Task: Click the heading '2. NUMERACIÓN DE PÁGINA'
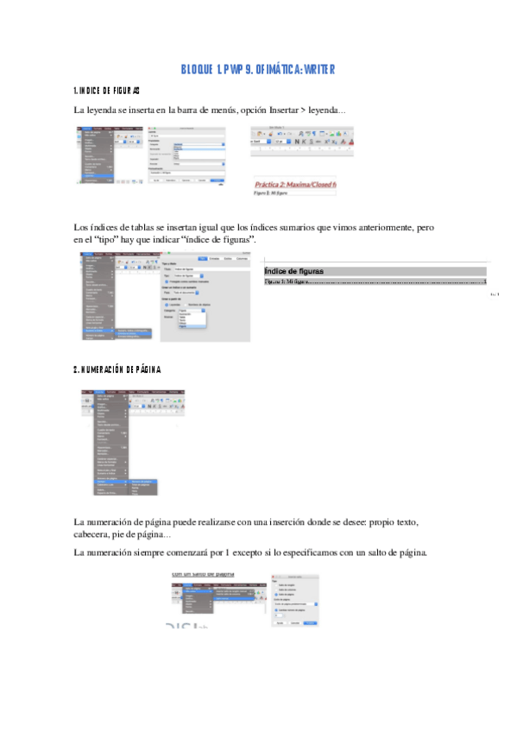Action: pyautogui.click(x=117, y=369)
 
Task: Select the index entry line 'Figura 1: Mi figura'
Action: pyautogui.click(x=285, y=281)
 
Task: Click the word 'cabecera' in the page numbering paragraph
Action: pyautogui.click(x=95, y=535)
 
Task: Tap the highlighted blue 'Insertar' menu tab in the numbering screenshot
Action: pyautogui.click(x=102, y=392)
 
